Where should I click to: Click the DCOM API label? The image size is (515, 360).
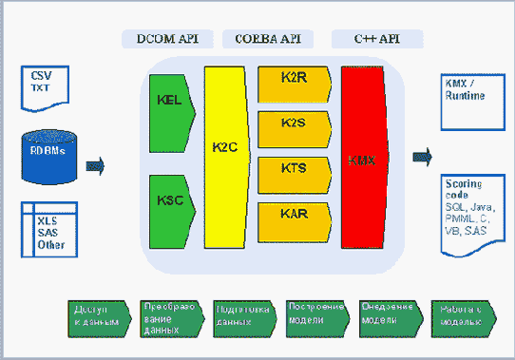(167, 39)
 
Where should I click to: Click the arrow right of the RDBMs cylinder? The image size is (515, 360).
(95, 167)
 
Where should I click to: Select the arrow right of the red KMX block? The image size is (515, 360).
(422, 157)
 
